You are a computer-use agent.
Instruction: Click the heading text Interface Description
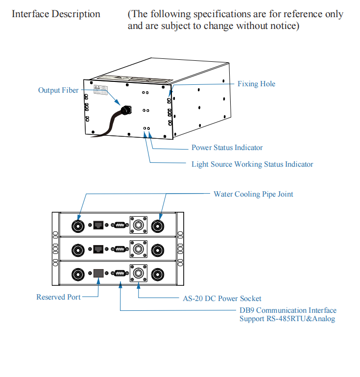pos(56,14)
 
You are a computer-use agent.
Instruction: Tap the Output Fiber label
pos(58,90)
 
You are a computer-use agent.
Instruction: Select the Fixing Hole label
pos(256,84)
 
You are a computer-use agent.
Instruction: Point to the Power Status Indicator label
pos(227,148)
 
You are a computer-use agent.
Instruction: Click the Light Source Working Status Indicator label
pos(252,164)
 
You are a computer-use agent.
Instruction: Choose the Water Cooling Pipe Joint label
pos(253,194)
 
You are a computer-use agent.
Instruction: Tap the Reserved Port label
pos(58,297)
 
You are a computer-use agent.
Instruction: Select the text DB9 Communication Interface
pos(288,310)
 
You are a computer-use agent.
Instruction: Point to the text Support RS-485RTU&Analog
pos(287,319)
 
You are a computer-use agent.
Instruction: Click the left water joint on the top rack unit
pos(78,226)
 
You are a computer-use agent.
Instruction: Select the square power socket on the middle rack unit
pos(138,250)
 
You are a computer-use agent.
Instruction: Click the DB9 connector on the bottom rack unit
pos(120,274)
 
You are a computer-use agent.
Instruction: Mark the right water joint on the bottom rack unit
pos(158,274)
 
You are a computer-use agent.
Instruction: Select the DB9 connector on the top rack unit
pos(120,226)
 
